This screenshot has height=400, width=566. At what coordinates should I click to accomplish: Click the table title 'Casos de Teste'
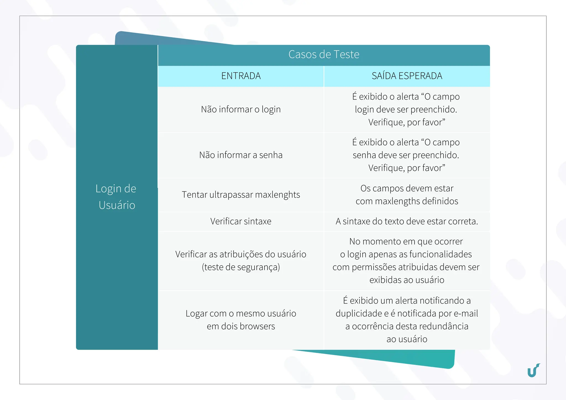(324, 54)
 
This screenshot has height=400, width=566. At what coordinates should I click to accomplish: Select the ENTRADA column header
(241, 76)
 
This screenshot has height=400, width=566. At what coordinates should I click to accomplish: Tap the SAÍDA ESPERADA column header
(407, 76)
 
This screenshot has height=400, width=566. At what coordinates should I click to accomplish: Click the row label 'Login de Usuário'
(116, 197)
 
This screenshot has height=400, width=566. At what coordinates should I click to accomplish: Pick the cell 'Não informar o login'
(241, 109)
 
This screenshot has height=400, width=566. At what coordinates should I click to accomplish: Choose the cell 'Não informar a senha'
(241, 155)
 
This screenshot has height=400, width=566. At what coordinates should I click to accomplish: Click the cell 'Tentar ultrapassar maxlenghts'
(241, 195)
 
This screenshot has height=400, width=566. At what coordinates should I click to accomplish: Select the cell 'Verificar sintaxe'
(241, 221)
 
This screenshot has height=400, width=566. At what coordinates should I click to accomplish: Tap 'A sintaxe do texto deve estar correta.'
(407, 221)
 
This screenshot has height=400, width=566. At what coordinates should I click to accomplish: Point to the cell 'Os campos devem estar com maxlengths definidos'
(407, 195)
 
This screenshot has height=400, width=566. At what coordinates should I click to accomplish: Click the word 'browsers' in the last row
(257, 326)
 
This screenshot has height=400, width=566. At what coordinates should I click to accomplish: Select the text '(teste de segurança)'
(241, 267)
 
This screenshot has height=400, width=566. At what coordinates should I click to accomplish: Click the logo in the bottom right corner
(534, 370)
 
